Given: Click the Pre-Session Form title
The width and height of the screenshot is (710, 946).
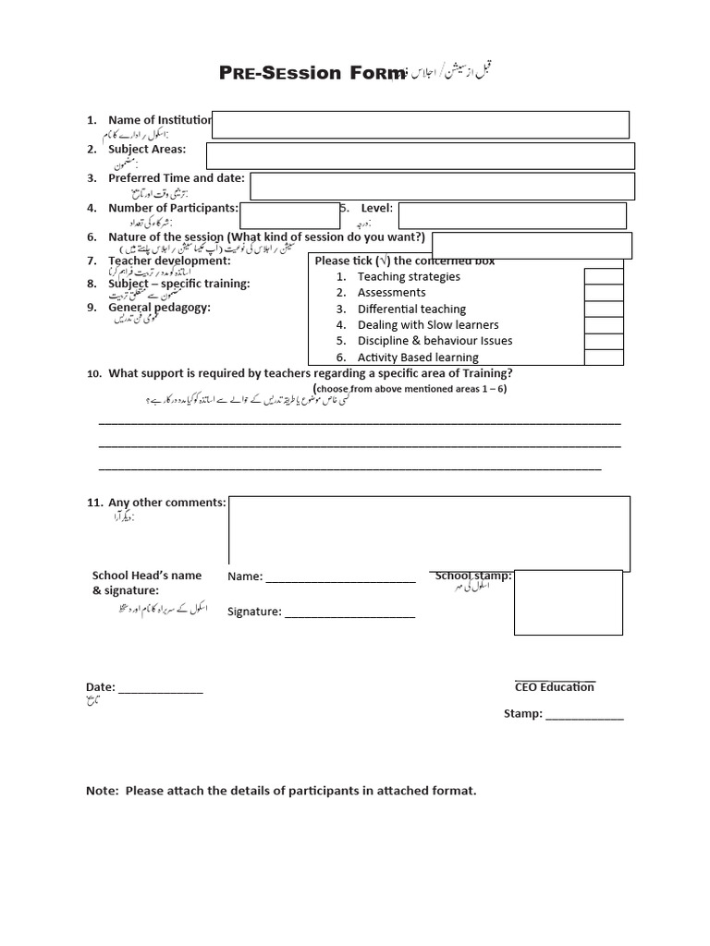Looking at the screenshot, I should pos(312,74).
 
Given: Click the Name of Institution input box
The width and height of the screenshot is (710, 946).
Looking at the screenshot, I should pos(421,125).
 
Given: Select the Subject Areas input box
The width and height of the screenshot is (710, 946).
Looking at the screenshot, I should pos(421,156).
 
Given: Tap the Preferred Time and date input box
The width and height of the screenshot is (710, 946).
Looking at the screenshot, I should pos(442,186).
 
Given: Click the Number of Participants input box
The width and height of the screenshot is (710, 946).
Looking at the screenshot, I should pos(276,216).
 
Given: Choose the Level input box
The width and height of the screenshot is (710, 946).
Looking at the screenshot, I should pos(512,216).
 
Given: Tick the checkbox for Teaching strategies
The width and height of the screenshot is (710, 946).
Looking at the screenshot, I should pos(604,276).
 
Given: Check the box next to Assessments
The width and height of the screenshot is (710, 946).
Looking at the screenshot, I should pos(604,293).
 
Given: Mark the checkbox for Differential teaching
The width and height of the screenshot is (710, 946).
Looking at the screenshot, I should pos(604,309).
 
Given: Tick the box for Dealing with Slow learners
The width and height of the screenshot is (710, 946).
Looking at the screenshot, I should pos(604,325).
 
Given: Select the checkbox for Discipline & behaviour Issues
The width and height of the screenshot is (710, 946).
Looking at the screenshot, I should pos(604,341).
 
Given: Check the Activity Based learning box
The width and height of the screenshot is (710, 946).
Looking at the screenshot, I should pos(604,358).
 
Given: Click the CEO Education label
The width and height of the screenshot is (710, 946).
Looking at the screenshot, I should pos(555,686).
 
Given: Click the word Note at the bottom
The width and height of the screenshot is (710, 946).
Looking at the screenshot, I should pos(102,792).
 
